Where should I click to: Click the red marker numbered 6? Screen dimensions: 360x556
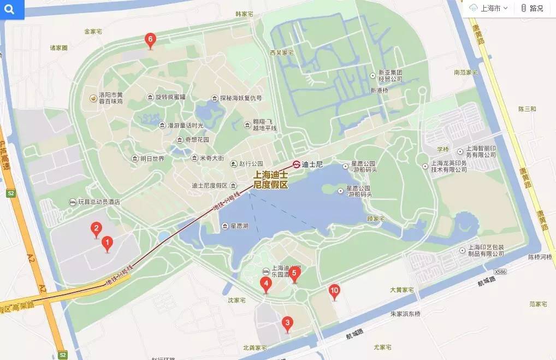coord(150,40)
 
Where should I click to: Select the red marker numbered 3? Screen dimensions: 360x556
coord(287,323)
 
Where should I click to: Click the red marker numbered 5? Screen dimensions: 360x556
coord(294,273)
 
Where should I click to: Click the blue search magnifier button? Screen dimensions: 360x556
coord(12,9)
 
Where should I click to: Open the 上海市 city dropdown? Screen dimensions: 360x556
coord(488,8)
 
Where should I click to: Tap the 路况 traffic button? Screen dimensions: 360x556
coord(532,8)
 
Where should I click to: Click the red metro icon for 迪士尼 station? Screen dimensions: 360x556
coord(296,164)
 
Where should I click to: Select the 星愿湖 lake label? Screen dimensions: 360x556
coord(239,226)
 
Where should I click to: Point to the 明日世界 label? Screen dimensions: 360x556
coord(151,159)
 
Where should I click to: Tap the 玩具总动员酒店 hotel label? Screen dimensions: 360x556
coord(98,202)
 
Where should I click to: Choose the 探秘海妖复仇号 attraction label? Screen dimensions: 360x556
coord(240,98)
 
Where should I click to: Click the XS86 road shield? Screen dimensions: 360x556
coord(500,272)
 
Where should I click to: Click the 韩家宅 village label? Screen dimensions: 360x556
coord(245,14)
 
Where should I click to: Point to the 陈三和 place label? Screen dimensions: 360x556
coord(527,109)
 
